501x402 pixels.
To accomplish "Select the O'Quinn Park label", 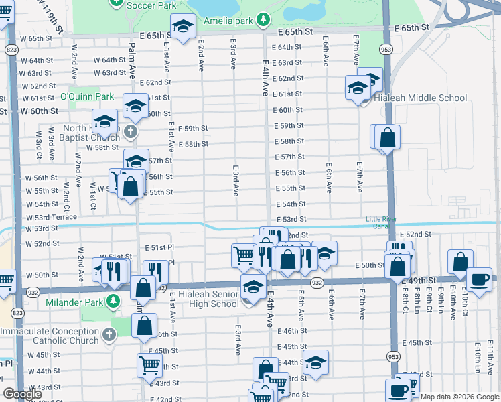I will [x=87, y=97].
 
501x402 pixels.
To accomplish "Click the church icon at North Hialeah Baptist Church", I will [x=130, y=133].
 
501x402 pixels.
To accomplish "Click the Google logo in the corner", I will [x=23, y=394].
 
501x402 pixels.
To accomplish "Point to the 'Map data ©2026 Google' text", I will [x=459, y=397].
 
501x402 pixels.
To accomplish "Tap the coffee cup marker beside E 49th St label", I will [x=479, y=280].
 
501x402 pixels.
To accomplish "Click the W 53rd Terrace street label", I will [x=52, y=218].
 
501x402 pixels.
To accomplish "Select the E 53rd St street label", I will [x=291, y=219].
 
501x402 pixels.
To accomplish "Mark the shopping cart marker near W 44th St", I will [x=149, y=366].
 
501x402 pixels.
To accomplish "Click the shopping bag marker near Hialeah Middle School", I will [x=388, y=138].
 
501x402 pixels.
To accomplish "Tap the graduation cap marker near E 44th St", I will [x=315, y=362].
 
